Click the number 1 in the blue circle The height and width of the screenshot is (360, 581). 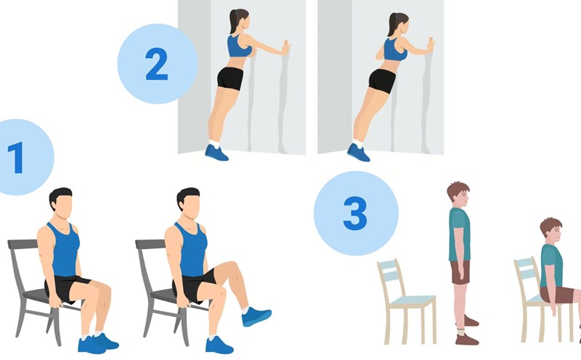[x=16, y=157]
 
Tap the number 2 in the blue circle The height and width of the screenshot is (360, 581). [x=156, y=64]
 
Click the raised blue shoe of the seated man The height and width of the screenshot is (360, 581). [x=256, y=316]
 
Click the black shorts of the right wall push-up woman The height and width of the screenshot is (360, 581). [x=382, y=80]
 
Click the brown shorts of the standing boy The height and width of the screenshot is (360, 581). [x=460, y=272]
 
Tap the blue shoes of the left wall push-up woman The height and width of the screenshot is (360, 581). [x=216, y=152]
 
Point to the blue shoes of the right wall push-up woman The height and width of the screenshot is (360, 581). [x=358, y=152]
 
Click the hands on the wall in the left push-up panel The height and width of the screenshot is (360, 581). [x=285, y=47]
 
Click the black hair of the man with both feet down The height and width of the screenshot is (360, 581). [x=60, y=195]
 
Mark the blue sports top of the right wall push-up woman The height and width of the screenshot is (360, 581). [x=394, y=49]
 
